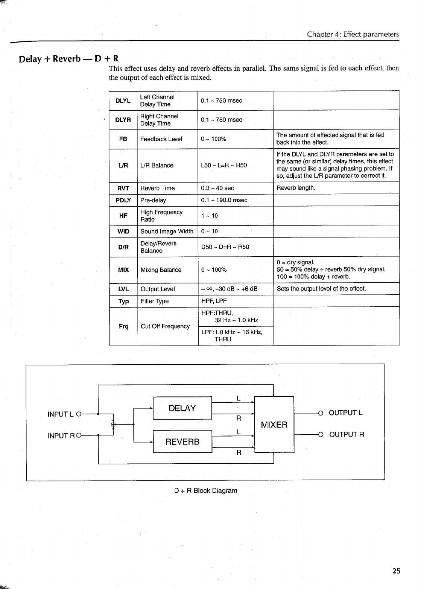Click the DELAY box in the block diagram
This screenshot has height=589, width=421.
[x=182, y=408]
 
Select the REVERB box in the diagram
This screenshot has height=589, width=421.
[x=182, y=441]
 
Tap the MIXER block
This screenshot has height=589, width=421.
[x=274, y=425]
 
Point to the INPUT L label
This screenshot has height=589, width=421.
[x=60, y=414]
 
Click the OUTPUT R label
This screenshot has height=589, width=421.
[x=347, y=435]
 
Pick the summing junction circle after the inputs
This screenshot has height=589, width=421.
[x=113, y=425]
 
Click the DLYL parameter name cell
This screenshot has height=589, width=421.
[x=123, y=101]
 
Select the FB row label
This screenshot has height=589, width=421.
[x=123, y=139]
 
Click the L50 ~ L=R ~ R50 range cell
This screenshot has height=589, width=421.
[x=224, y=165]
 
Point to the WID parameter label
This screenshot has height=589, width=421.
[x=123, y=231]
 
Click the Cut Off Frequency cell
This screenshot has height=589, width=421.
[x=165, y=326]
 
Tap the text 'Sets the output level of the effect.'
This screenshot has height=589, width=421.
[x=321, y=289]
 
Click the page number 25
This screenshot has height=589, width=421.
[x=396, y=571]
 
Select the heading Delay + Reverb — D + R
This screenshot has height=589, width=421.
[x=69, y=59]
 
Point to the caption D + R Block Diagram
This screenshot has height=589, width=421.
[x=205, y=490]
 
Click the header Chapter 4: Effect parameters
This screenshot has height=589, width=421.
[x=353, y=34]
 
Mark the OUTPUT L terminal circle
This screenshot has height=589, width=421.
[x=321, y=413]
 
